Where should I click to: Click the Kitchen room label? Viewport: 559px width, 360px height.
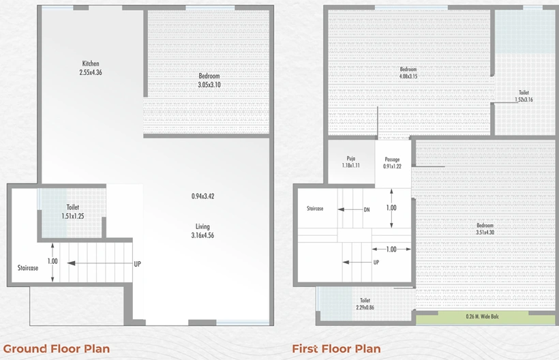pos(91,64)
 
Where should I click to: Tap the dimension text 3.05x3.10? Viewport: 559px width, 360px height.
pos(209,85)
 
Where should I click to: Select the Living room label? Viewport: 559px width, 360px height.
pos(202,226)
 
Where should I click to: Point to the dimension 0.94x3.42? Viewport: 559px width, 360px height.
pos(203,196)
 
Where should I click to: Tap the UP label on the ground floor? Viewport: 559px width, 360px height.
pos(137,264)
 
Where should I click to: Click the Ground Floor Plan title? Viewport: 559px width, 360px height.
pos(57,348)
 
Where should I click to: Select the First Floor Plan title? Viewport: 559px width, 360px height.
pos(336,348)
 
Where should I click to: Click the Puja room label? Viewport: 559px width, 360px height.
pos(351,159)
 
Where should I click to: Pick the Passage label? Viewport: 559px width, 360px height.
pos(392,160)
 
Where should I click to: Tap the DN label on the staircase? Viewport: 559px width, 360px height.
pos(367,210)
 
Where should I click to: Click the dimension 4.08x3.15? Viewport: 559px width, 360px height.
pos(408,76)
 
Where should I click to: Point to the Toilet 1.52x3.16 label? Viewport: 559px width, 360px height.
pos(524,96)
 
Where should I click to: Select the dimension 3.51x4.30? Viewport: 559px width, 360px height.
pos(485,232)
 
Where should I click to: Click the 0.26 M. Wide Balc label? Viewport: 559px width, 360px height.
pos(483,316)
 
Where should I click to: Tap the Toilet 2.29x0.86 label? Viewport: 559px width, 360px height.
pos(365,304)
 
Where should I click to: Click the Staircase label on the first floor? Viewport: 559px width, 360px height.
pos(315,209)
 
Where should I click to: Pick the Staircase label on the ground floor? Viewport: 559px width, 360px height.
pos(28,268)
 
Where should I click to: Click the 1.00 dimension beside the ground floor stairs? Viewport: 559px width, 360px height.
pos(52,261)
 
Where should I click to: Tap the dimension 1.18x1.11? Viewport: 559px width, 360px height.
pos(351,166)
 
